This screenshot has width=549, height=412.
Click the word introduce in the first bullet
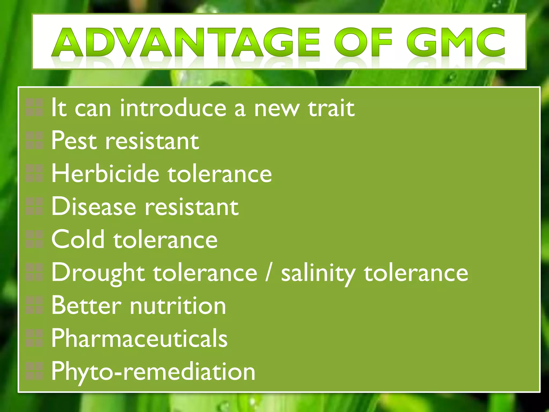(x=173, y=108)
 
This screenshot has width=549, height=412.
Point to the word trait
(x=331, y=108)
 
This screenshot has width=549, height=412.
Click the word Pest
(x=74, y=141)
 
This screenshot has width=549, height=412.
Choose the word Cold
(x=78, y=239)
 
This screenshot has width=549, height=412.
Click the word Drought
(x=98, y=273)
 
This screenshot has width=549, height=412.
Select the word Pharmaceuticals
(x=139, y=338)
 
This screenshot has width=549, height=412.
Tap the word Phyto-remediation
(x=153, y=371)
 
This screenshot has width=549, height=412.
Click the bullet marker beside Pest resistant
(x=34, y=141)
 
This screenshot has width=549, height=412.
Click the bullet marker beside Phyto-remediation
(x=34, y=371)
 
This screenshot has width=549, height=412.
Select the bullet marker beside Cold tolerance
(x=34, y=239)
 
